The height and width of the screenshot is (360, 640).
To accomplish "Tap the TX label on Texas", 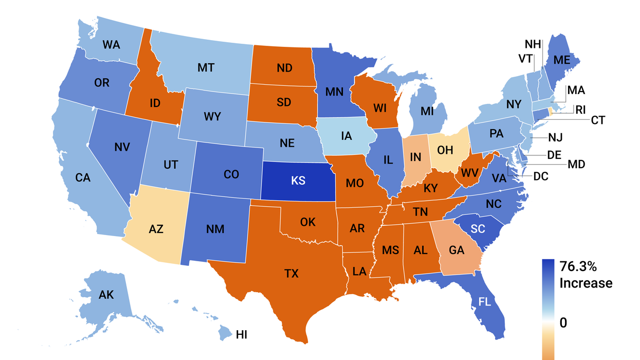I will pyautogui.click(x=291, y=274).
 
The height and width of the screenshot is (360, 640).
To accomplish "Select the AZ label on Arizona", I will pyautogui.click(x=156, y=229).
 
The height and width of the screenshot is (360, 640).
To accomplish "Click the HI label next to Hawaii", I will pyautogui.click(x=242, y=335).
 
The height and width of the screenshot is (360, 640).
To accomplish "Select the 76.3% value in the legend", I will pyautogui.click(x=578, y=267).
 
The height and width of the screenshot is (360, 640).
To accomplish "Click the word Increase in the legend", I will pyautogui.click(x=586, y=283).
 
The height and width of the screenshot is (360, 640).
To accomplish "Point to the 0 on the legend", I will pyautogui.click(x=563, y=323).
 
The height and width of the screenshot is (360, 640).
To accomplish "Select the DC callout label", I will pyautogui.click(x=541, y=176).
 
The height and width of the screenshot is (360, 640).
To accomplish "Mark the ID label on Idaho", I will pyautogui.click(x=155, y=103).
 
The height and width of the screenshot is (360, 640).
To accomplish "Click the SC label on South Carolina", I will pyautogui.click(x=478, y=229).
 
